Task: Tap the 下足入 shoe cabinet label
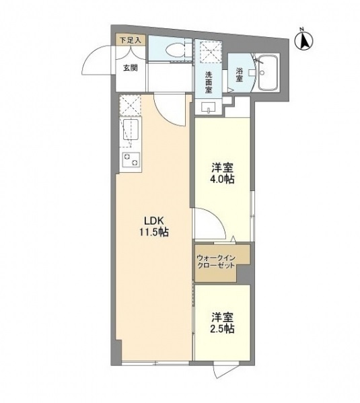coord(130,40)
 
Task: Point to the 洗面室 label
coord(209,81)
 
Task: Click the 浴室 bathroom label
coord(240,74)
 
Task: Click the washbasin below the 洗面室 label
coord(207,107)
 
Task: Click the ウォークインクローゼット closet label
coord(217,261)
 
